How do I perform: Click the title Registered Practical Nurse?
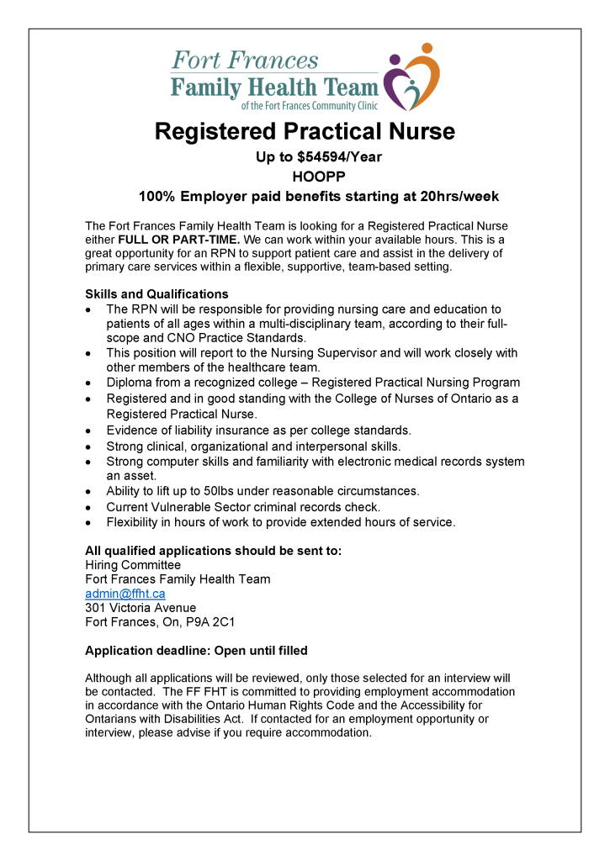(x=305, y=132)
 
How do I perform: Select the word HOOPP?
(x=305, y=177)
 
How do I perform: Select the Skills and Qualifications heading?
(x=156, y=294)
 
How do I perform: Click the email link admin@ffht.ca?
(x=125, y=594)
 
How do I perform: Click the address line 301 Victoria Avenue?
(x=141, y=608)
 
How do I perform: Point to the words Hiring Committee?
(x=133, y=565)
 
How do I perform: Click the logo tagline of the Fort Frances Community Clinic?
(x=310, y=106)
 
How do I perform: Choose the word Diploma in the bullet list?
(x=130, y=383)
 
